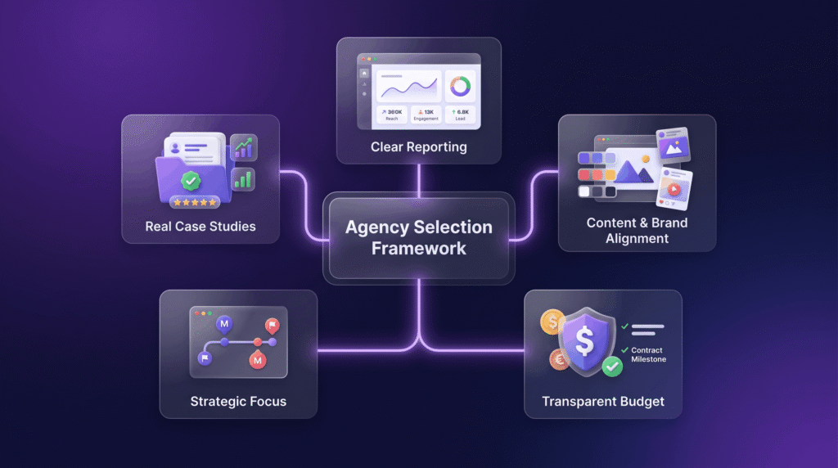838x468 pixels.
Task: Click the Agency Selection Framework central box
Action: (418, 238)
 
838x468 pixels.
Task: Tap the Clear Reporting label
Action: (418, 147)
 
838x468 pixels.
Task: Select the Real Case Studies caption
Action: (200, 227)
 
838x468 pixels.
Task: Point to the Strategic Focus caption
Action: (238, 401)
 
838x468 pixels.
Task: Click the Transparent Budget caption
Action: (603, 401)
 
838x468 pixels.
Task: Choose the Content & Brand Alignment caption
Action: (637, 230)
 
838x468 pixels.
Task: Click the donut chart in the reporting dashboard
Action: (460, 85)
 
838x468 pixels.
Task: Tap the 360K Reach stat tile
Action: (392, 115)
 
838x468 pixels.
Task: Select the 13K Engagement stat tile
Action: (426, 115)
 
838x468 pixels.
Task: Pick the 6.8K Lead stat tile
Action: (460, 115)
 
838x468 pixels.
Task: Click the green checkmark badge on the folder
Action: (191, 181)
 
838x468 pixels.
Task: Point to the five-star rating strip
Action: (195, 202)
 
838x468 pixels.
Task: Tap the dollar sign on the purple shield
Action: (584, 341)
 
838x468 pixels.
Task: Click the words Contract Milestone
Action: (648, 355)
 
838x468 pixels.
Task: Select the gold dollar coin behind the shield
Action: (552, 322)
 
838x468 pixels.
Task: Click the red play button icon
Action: (674, 189)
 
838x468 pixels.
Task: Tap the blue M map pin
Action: (224, 324)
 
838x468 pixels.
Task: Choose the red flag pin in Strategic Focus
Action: (273, 326)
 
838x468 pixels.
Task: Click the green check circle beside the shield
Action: (612, 367)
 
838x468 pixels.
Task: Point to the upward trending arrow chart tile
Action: (244, 147)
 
